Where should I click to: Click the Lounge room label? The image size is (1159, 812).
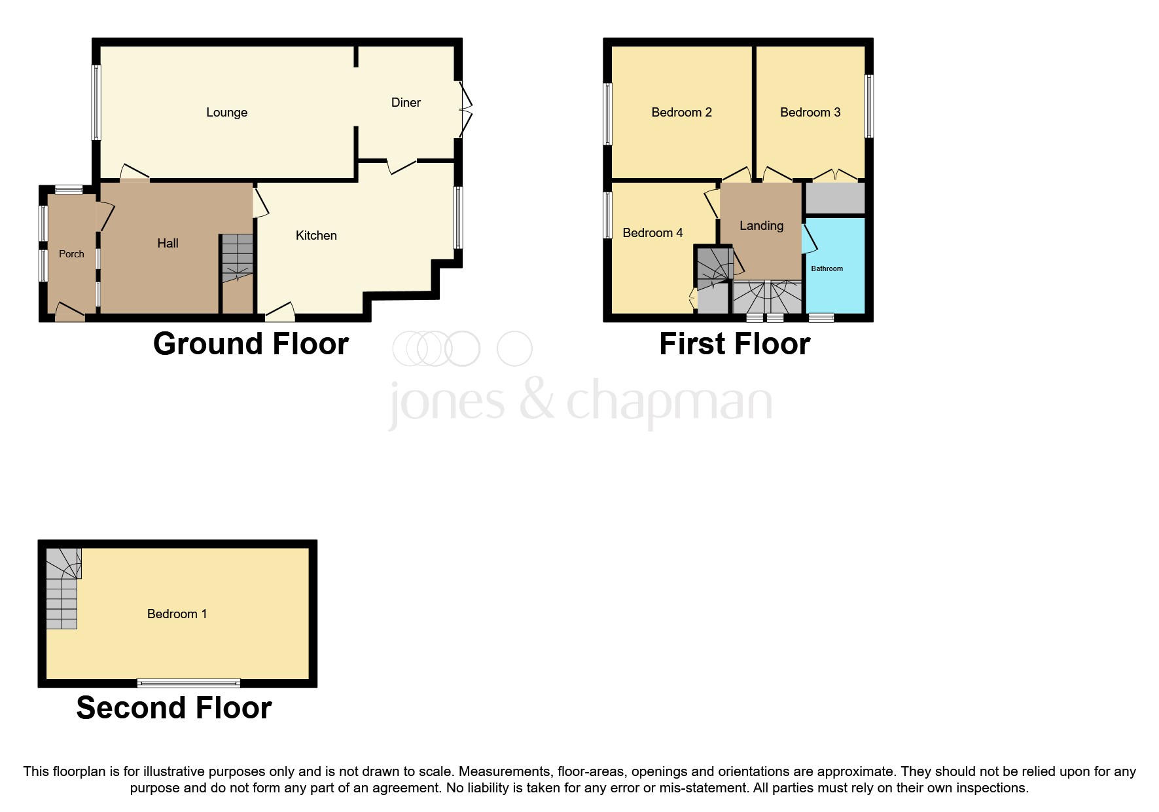pyautogui.click(x=226, y=113)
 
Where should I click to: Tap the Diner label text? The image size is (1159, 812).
pyautogui.click(x=406, y=103)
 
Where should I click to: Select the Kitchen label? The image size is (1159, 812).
pyautogui.click(x=316, y=236)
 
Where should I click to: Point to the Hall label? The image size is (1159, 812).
pyautogui.click(x=168, y=244)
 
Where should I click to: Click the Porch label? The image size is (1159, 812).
pyautogui.click(x=71, y=254)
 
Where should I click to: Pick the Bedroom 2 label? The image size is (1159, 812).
pyautogui.click(x=681, y=113)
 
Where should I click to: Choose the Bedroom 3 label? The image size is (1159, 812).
pyautogui.click(x=810, y=113)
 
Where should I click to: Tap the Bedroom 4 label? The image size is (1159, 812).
pyautogui.click(x=652, y=233)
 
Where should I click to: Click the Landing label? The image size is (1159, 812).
pyautogui.click(x=761, y=226)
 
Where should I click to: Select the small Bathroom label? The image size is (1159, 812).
pyautogui.click(x=827, y=268)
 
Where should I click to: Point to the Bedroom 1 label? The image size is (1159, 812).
pyautogui.click(x=177, y=614)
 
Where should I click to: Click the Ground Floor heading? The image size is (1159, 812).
pyautogui.click(x=251, y=344)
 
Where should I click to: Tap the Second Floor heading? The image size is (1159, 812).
pyautogui.click(x=173, y=708)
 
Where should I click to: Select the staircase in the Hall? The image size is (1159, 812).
pyautogui.click(x=237, y=258)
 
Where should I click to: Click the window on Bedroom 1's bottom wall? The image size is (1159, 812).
pyautogui.click(x=188, y=683)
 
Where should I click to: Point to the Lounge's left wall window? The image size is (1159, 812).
pyautogui.click(x=96, y=102)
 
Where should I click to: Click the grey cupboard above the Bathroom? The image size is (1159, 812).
pyautogui.click(x=835, y=198)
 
